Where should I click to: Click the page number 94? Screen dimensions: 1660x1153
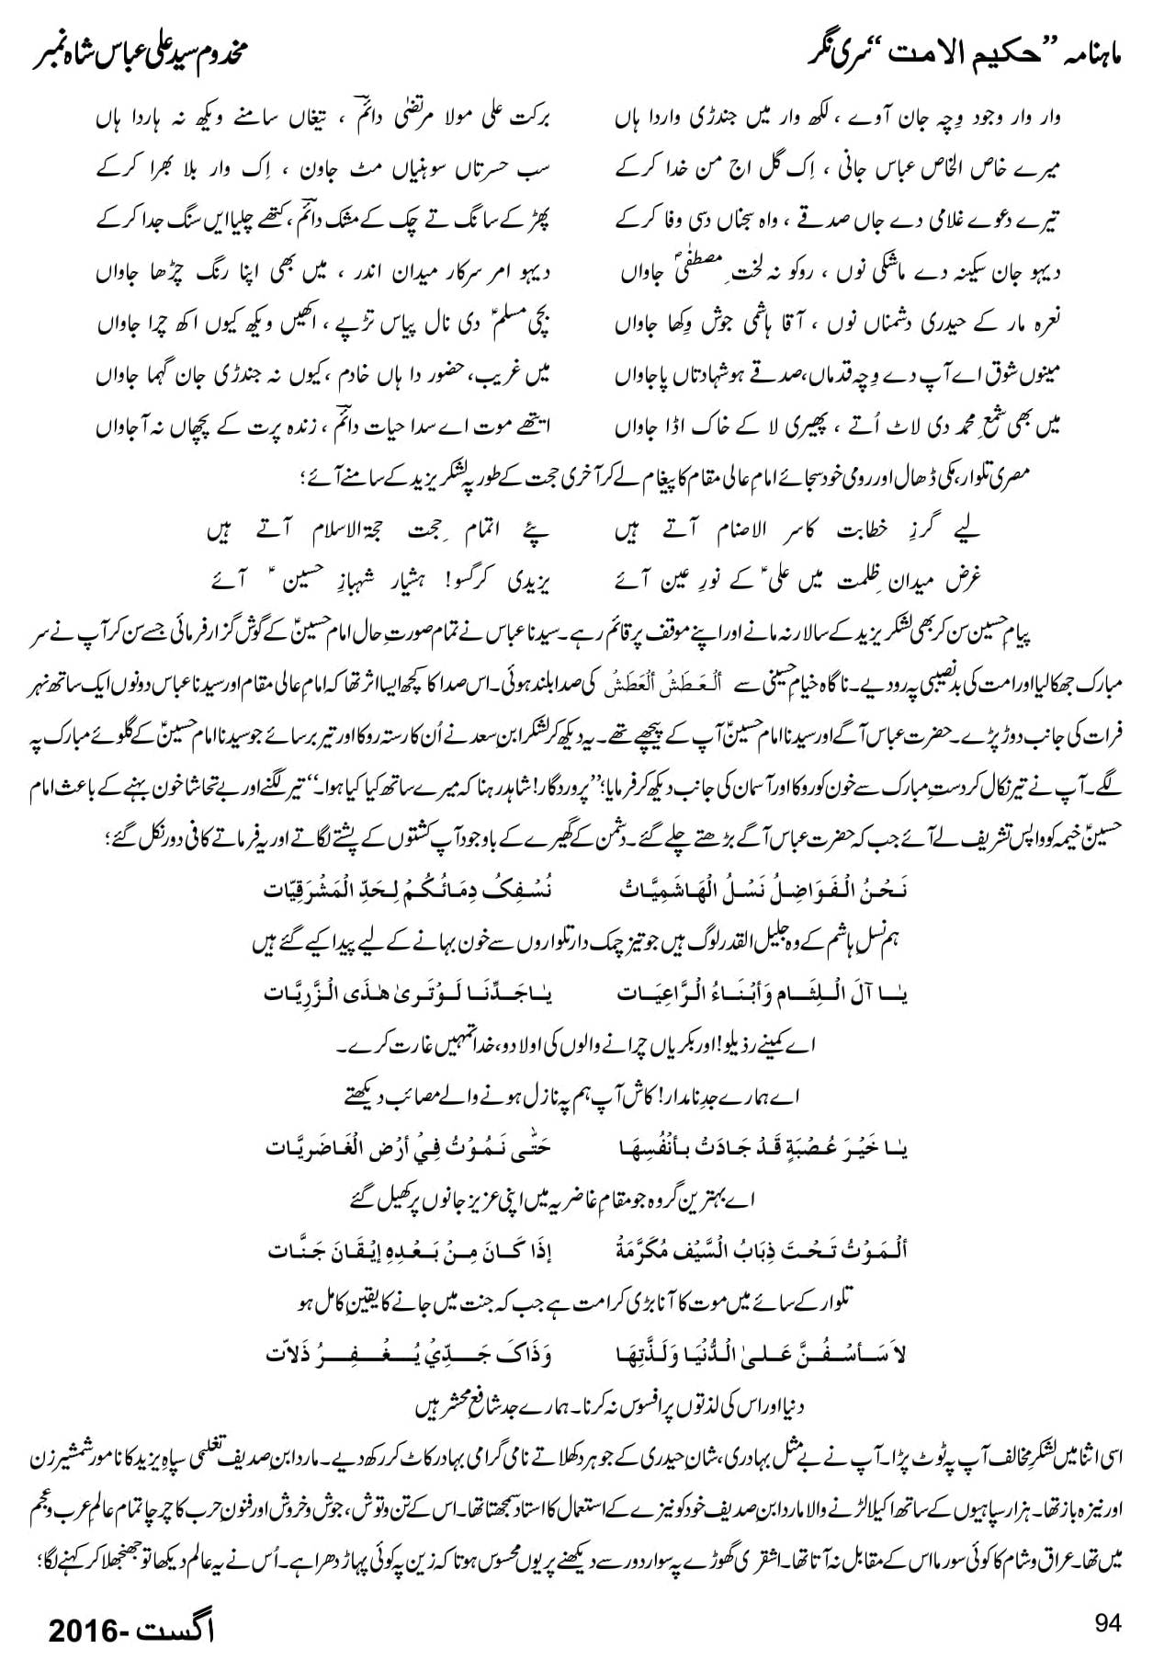1108,1622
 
